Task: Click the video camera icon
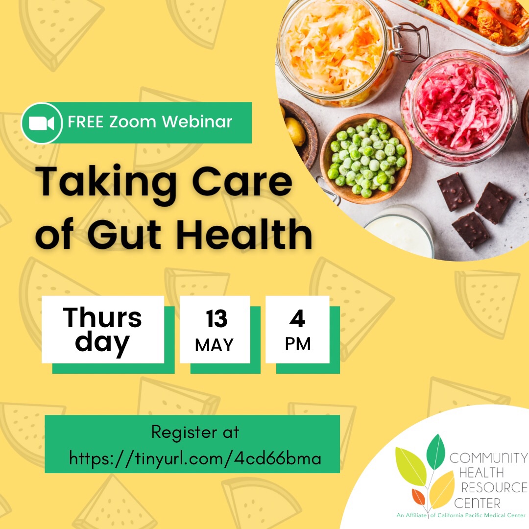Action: point(41,123)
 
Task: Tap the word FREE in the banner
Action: point(86,122)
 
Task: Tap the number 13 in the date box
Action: point(216,319)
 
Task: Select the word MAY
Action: point(215,345)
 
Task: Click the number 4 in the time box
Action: point(297,319)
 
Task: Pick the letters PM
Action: point(298,344)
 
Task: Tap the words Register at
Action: point(195,433)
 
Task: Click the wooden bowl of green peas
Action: point(366,158)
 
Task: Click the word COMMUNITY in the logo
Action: point(488,458)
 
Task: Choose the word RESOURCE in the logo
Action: point(494,488)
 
